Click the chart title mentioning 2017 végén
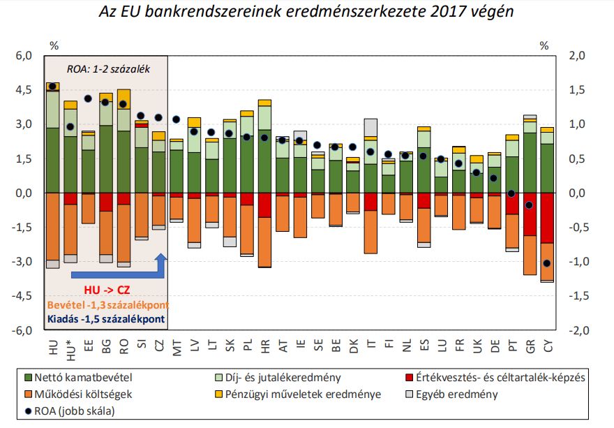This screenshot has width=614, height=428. click(x=306, y=13)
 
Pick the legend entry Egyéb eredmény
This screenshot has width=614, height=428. click(x=458, y=394)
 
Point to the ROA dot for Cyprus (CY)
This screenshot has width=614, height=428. click(x=547, y=263)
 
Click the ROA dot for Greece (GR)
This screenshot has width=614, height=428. click(x=530, y=205)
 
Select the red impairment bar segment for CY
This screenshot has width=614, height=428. click(x=547, y=218)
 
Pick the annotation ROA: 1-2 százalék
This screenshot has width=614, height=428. click(x=108, y=69)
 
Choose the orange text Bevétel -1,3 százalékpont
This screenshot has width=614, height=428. click(x=107, y=305)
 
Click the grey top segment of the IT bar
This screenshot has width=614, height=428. click(x=370, y=127)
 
